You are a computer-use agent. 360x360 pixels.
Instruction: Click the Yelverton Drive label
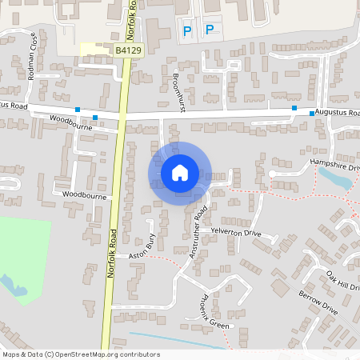[236, 232]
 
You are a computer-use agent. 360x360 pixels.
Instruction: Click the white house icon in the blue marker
[180, 172]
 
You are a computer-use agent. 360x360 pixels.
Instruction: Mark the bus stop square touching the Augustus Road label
[312, 114]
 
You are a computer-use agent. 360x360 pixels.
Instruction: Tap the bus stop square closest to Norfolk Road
[95, 118]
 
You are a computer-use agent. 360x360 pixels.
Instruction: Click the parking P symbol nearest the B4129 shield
[188, 31]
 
